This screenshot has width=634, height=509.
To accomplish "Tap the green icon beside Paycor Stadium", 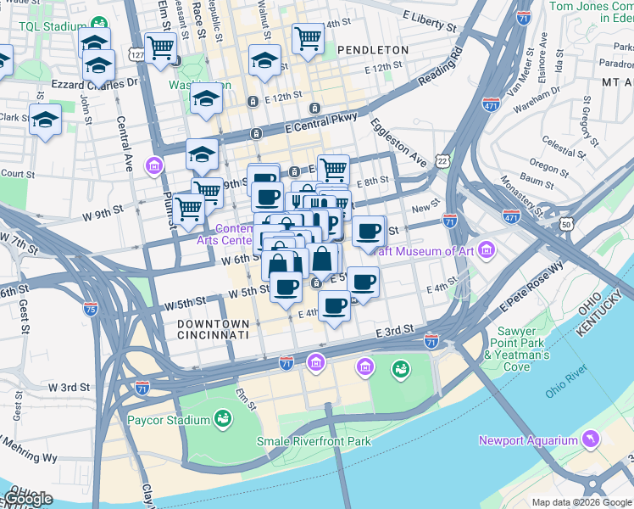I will click(223, 419).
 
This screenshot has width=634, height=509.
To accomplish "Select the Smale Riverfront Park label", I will click(314, 441).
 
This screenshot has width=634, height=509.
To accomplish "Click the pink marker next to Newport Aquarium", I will click(590, 439).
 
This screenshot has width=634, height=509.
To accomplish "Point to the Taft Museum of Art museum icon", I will click(486, 250).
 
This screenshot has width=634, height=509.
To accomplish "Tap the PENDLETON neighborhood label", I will click(372, 50).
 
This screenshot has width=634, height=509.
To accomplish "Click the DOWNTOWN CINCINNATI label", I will click(214, 329).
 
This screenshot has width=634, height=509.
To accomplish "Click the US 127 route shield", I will click(136, 54).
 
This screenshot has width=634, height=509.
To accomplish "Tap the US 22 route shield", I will click(442, 159).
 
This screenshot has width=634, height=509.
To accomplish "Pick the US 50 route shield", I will click(564, 223).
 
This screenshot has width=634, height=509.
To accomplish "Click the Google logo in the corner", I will click(28, 499).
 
